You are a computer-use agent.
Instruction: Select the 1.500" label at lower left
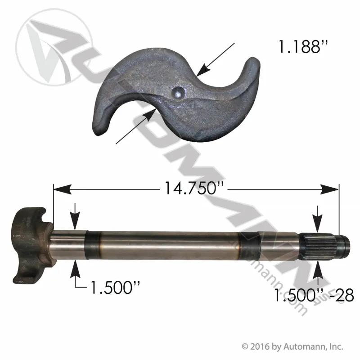(115, 287)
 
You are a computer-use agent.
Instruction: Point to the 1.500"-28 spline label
(314, 295)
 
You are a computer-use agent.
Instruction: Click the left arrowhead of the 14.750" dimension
(63, 189)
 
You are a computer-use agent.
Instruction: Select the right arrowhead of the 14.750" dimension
(330, 189)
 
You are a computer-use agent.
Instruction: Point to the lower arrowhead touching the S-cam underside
(150, 115)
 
